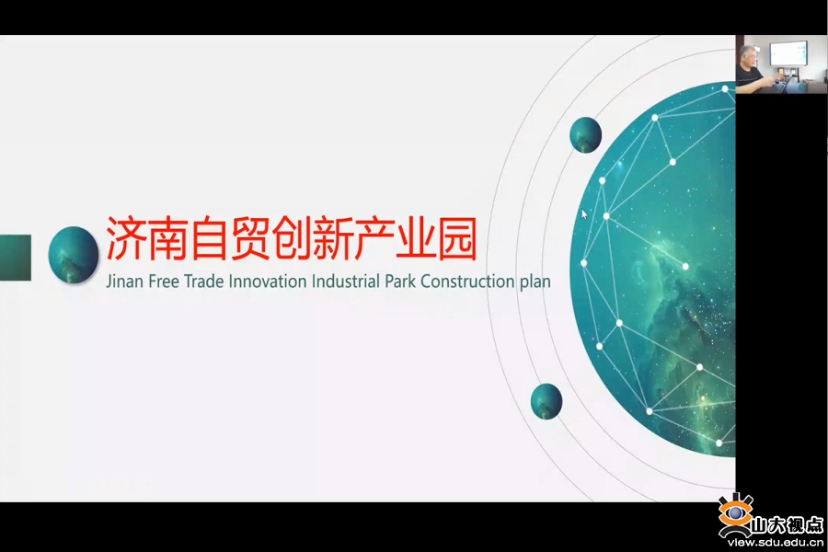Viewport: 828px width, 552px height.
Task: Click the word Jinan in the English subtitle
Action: click(124, 282)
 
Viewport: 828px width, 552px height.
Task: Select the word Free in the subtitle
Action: click(164, 281)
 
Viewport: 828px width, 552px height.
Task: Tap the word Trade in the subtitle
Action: click(203, 281)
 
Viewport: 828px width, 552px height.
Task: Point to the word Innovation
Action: click(268, 281)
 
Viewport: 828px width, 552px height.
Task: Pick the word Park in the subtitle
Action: click(400, 281)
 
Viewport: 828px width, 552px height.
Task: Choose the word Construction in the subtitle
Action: click(468, 281)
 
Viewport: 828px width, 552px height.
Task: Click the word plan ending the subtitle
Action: click(535, 282)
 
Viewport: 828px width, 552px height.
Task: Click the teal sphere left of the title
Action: click(74, 255)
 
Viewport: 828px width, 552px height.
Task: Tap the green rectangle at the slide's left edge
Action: click(16, 258)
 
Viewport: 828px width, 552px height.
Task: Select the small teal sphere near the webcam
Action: click(586, 134)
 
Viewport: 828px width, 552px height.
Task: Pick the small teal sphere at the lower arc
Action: click(546, 401)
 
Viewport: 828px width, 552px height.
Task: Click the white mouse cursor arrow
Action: click(584, 214)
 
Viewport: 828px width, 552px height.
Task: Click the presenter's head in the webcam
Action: click(748, 59)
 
